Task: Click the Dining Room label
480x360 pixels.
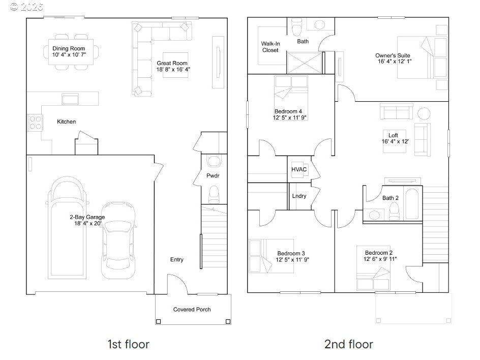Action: (x=69, y=48)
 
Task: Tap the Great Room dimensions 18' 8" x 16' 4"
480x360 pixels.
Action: (x=173, y=70)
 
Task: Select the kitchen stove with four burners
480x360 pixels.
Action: (x=35, y=123)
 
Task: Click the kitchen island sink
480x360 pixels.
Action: (x=70, y=99)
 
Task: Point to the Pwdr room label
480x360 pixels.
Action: (x=213, y=176)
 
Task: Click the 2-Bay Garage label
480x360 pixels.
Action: (x=87, y=217)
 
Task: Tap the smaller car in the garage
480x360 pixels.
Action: (x=118, y=240)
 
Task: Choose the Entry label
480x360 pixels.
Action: (x=176, y=260)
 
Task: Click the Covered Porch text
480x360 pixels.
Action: (x=192, y=310)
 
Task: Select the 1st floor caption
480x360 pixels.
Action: (x=128, y=344)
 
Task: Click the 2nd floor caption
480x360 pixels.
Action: (x=349, y=344)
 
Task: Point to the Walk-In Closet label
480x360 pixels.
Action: (x=271, y=47)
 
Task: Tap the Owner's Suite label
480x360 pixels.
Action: (x=393, y=55)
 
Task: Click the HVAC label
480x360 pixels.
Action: (x=299, y=169)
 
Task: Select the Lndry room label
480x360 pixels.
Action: (x=299, y=196)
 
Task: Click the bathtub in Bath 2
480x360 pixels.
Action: (x=412, y=204)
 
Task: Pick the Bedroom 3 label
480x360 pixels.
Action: (x=291, y=253)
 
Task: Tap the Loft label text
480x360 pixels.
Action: (x=393, y=135)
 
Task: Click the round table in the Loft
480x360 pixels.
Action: (x=424, y=113)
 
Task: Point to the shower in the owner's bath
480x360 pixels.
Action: (x=305, y=63)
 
